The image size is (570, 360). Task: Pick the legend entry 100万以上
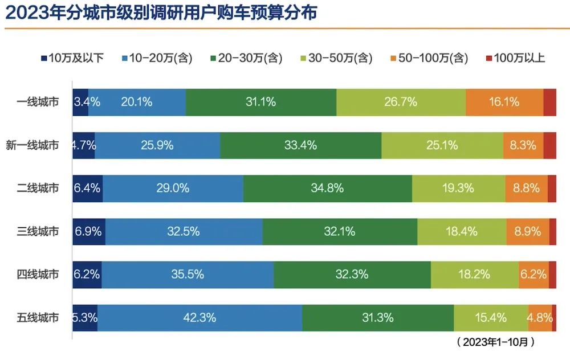tap(515, 58)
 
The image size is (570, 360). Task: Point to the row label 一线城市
tap(38, 103)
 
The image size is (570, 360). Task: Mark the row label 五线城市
tap(38, 318)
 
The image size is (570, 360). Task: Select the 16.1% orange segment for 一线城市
tap(504, 103)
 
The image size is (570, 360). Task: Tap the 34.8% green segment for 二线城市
tap(327, 189)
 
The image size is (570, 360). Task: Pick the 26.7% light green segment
tap(401, 103)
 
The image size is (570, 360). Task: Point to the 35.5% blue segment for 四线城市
tap(188, 275)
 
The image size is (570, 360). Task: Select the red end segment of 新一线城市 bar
tap(549, 145)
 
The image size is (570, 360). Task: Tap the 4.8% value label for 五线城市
tap(540, 318)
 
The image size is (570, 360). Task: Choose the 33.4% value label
tap(300, 145)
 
